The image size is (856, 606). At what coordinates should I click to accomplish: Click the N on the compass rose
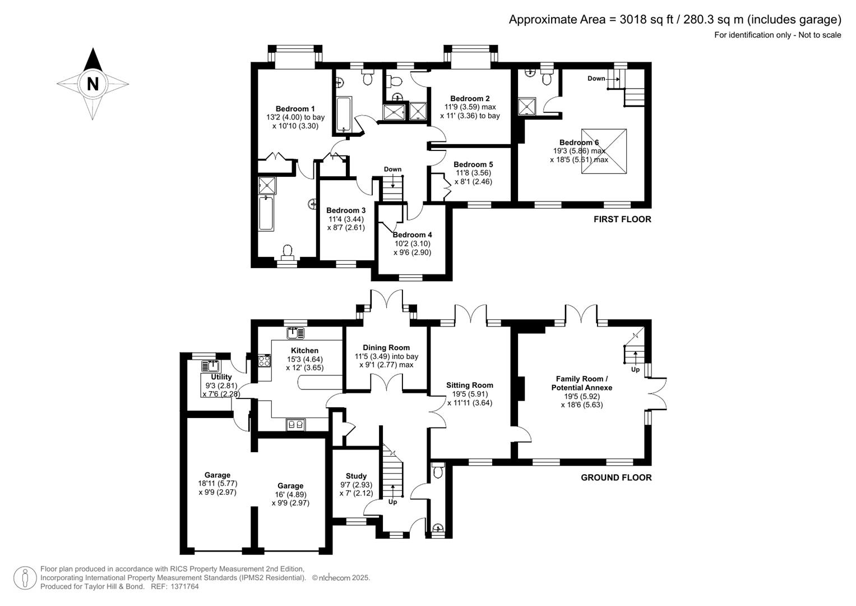pos(93,84)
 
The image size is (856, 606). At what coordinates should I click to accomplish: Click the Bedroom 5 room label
pos(473,164)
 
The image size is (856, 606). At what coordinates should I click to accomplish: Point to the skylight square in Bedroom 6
pos(604,151)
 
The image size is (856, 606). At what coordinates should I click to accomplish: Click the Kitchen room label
pos(304,350)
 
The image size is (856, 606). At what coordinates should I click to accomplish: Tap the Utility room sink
pos(211,366)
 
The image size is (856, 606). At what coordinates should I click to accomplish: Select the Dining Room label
pos(386,347)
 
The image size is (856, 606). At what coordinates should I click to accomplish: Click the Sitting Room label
pos(469,385)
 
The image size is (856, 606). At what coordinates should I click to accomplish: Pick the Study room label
pos(356,476)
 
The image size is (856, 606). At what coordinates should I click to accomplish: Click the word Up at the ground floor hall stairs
pos(392,502)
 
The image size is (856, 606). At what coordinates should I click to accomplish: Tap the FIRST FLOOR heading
pos(622,219)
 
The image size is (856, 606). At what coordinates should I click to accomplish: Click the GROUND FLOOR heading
pos(616,478)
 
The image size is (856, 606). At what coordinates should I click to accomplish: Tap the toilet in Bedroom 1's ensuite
pos(288,251)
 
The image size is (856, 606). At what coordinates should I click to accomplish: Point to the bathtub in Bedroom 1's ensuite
pos(266,213)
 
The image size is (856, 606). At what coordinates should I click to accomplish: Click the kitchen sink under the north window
pos(295,333)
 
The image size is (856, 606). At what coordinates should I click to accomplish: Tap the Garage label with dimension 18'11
pos(217,475)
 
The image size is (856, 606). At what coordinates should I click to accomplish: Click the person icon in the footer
pos(25,578)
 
